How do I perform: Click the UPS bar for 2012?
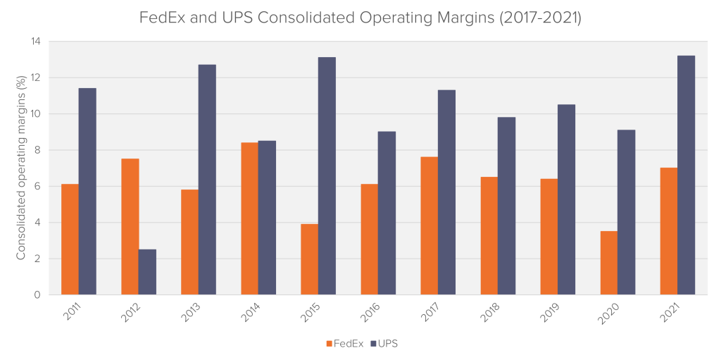point(147,272)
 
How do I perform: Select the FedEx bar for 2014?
point(250,218)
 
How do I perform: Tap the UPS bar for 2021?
point(686,175)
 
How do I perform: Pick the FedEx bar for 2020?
point(609,263)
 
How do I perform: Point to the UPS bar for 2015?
point(327,176)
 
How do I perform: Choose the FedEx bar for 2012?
point(130,227)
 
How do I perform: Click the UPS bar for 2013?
point(207,180)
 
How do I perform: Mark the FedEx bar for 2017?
point(430,226)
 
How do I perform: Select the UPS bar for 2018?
point(506,206)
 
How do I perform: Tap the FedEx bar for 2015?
point(310,260)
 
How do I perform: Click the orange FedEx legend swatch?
point(329,343)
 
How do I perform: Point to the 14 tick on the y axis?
point(35,42)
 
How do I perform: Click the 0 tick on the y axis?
point(38,295)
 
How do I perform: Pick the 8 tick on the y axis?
point(38,150)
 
